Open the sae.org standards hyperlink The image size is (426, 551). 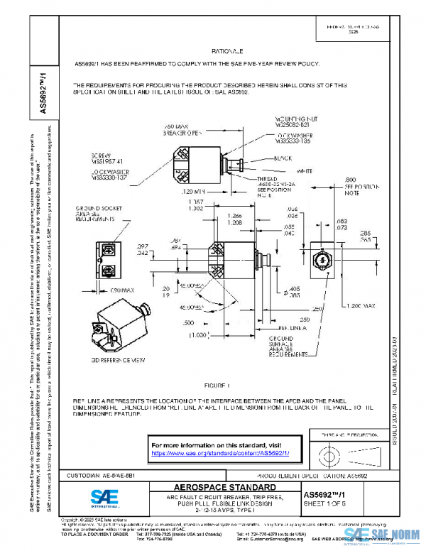[225, 452]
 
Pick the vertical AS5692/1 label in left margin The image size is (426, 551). [43, 91]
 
